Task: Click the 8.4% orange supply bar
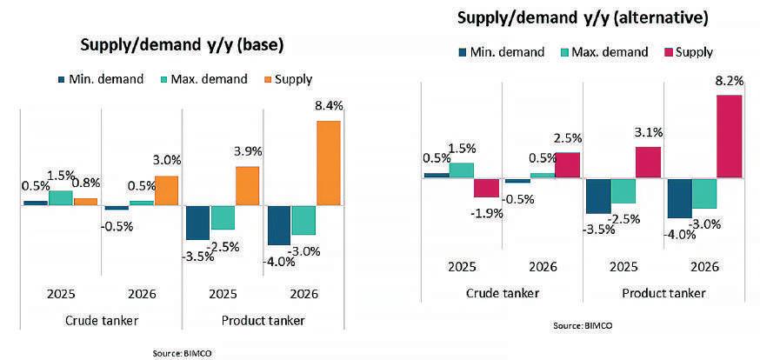click(329, 163)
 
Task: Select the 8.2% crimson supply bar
click(729, 136)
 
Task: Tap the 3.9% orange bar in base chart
click(248, 185)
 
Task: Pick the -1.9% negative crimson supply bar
click(486, 188)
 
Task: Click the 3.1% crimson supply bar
click(648, 162)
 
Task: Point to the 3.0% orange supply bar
click(166, 190)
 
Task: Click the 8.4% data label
click(329, 106)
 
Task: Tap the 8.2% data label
click(729, 81)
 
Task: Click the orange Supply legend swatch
click(267, 80)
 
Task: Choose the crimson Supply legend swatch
click(668, 52)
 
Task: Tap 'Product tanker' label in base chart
click(263, 321)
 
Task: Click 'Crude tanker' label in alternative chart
click(503, 293)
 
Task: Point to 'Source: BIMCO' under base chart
click(182, 353)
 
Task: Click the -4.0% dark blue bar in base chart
click(278, 225)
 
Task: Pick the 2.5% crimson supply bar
click(567, 165)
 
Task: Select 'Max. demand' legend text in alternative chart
click(610, 52)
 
